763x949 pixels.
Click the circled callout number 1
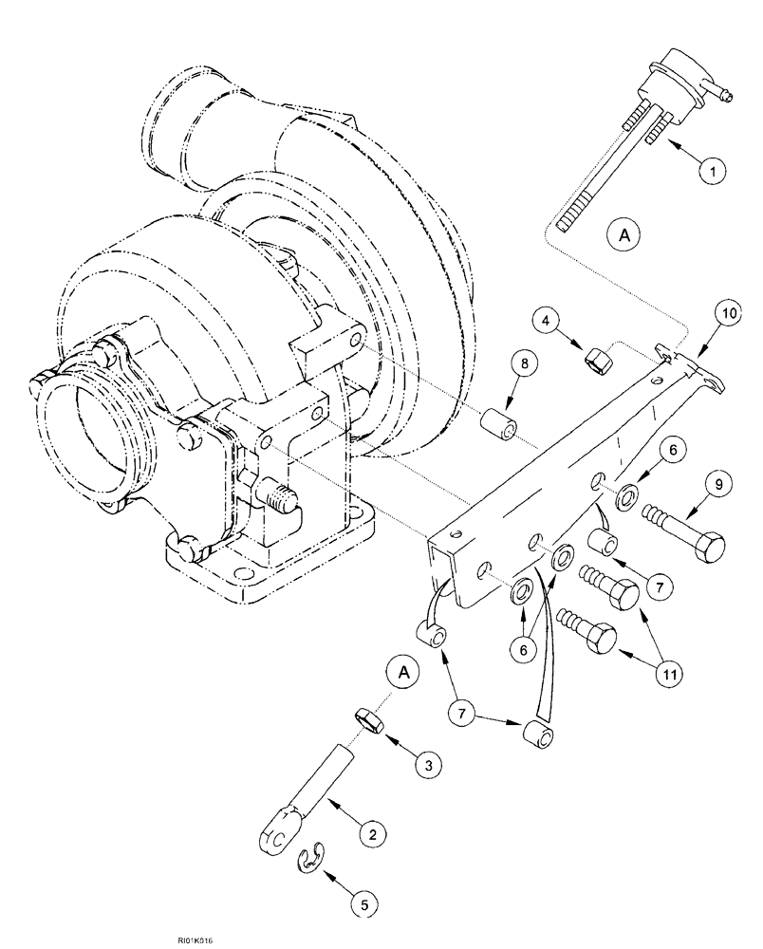click(x=713, y=171)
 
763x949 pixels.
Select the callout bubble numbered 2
click(x=372, y=835)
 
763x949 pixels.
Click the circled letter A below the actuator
click(x=623, y=233)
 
